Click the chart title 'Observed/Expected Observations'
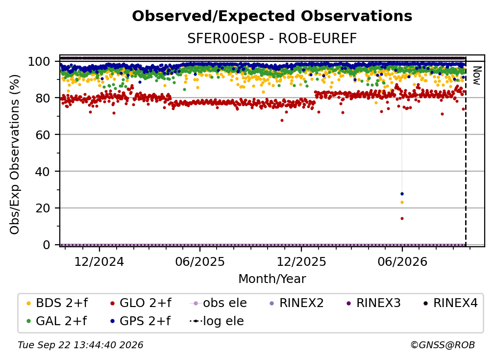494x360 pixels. click(272, 16)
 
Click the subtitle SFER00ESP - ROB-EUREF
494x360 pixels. click(272, 39)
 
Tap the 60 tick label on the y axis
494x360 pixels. click(43, 134)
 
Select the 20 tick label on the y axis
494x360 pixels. click(43, 208)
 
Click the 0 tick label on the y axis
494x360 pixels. click(47, 245)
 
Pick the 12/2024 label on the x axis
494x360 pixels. click(99, 262)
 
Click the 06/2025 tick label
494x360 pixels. click(200, 262)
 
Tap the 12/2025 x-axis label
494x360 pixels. click(301, 262)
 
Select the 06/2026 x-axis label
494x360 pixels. click(402, 262)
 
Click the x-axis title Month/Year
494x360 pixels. click(272, 279)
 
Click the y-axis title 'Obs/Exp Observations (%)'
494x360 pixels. click(15, 154)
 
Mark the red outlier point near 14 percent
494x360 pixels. click(402, 218)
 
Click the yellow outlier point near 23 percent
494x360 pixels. click(402, 203)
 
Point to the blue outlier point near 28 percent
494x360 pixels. click(402, 194)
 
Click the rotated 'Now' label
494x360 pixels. click(477, 76)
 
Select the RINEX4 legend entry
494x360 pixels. click(451, 303)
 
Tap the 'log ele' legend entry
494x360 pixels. click(217, 321)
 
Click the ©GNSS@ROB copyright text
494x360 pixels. click(443, 345)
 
